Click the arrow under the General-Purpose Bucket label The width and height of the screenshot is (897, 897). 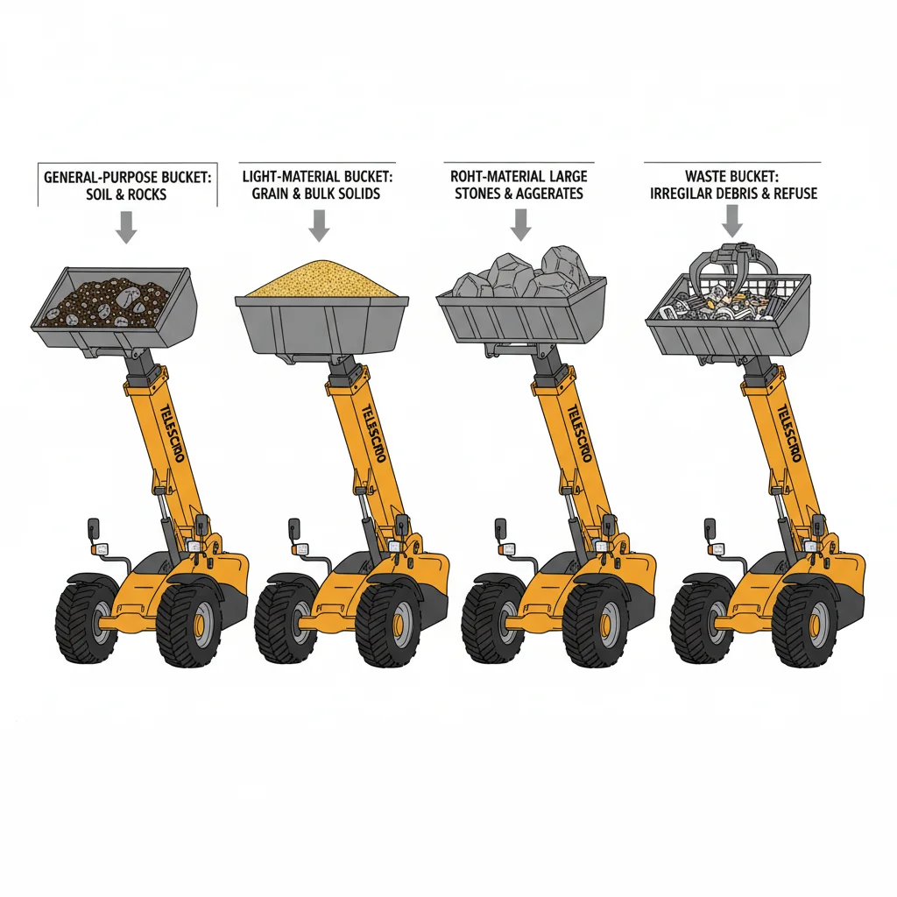pos(127,228)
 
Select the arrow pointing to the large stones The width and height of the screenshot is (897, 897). pos(521,225)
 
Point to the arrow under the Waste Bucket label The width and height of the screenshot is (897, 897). pos(731,226)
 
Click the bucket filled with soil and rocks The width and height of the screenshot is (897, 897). pos(115,302)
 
